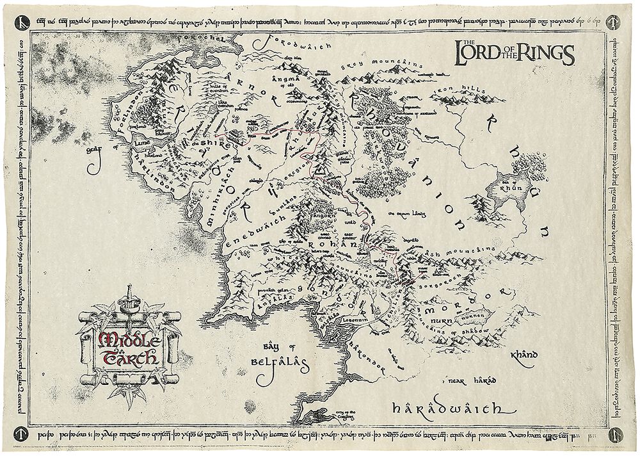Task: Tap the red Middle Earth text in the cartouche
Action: coord(127,348)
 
